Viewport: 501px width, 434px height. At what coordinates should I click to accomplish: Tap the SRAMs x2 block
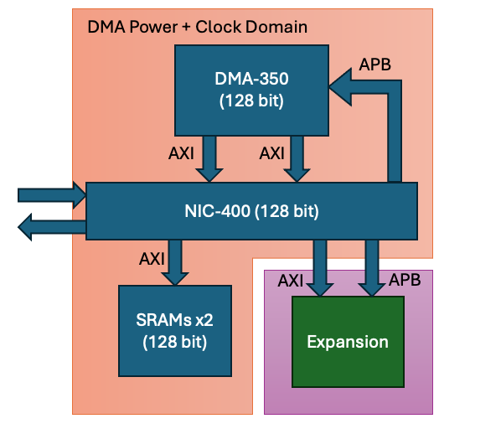click(174, 330)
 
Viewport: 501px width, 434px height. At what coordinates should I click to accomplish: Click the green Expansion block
click(348, 342)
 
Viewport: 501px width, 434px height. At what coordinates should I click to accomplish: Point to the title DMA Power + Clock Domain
click(197, 27)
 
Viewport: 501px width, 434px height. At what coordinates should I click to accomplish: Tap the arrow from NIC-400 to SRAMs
click(176, 262)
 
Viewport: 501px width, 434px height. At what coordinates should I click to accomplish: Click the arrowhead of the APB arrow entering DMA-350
click(340, 82)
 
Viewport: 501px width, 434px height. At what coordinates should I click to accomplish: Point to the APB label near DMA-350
click(374, 64)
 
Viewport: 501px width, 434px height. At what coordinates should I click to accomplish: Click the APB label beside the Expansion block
click(405, 280)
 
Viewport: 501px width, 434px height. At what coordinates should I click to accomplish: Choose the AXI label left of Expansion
click(291, 280)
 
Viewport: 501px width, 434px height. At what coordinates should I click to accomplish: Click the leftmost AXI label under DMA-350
click(180, 153)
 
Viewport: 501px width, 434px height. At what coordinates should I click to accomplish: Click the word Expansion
click(348, 342)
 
